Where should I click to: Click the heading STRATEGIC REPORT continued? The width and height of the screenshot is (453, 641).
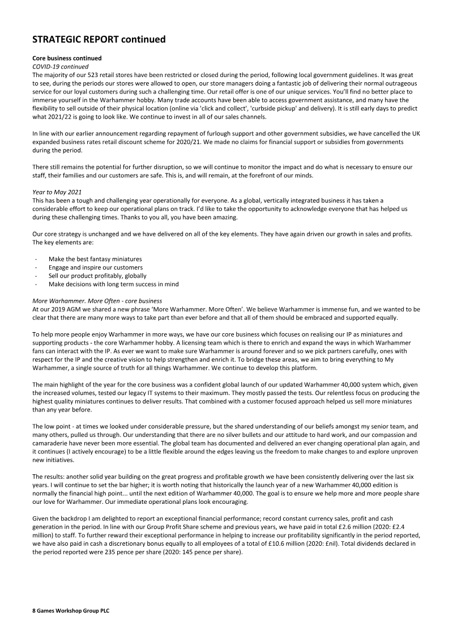pos(99,40)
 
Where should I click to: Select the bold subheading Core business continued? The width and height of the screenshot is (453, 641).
pos(67,58)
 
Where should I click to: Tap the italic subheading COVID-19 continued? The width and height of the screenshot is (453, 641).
pos(60,66)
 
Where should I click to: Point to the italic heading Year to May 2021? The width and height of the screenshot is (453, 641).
pos(57,192)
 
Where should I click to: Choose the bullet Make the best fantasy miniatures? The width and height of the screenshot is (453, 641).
pos(95,259)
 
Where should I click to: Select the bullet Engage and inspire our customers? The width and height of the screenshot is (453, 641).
pos(96,268)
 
